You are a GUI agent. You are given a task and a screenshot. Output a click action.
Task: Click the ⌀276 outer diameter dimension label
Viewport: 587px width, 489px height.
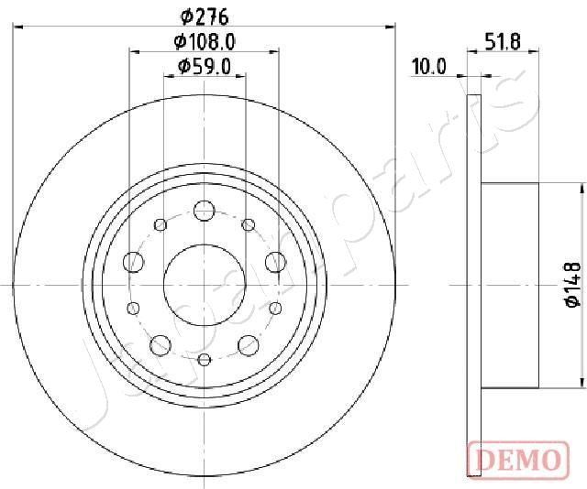(x=204, y=16)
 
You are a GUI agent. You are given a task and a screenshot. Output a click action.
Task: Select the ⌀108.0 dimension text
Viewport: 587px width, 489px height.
(x=204, y=41)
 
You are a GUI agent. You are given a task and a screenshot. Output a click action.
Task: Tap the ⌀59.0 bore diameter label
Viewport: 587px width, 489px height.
(x=204, y=66)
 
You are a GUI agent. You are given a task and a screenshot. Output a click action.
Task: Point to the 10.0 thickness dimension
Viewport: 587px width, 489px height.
(x=428, y=66)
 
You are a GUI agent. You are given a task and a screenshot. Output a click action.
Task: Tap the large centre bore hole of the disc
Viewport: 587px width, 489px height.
(x=204, y=284)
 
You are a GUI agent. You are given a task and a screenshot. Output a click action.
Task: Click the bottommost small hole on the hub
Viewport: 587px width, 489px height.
(x=204, y=358)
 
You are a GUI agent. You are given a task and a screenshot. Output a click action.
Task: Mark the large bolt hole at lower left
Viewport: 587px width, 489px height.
(x=161, y=345)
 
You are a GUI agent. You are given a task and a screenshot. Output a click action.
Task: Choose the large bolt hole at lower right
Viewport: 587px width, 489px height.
(x=248, y=345)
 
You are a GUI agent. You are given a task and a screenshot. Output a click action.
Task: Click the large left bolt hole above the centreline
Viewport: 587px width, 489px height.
(x=133, y=262)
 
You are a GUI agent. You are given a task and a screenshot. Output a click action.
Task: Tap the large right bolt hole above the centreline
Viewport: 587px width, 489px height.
(x=274, y=262)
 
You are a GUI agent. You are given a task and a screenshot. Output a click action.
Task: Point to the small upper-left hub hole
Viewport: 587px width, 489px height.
(x=161, y=224)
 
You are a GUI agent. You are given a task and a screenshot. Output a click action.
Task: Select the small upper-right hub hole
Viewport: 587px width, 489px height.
(x=247, y=224)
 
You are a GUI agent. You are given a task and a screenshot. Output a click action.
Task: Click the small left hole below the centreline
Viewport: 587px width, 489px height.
(x=133, y=307)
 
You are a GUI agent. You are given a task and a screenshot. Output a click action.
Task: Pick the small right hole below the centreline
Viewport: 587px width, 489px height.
(x=274, y=307)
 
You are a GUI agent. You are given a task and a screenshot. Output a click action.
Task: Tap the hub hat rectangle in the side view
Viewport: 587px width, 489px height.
(x=518, y=285)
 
